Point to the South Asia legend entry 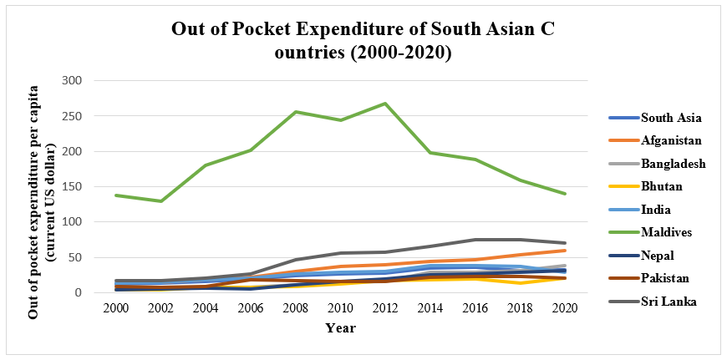[671, 118]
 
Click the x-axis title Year [341, 328]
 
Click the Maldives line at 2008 [297, 112]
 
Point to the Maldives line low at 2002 [160, 201]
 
